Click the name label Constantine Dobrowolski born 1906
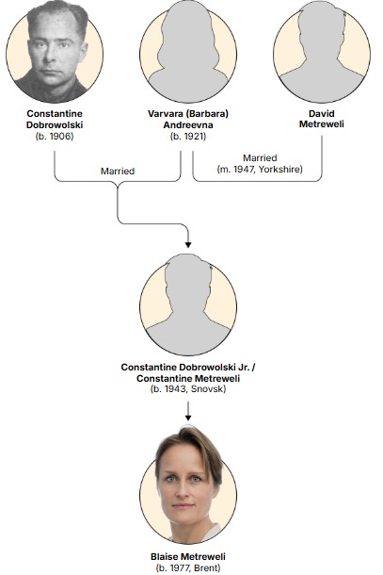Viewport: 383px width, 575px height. click(55, 119)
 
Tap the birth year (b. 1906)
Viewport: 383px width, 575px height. click(55, 137)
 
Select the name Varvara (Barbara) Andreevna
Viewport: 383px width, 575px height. click(188, 119)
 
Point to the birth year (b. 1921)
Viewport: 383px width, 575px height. click(188, 137)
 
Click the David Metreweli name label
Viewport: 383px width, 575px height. click(322, 119)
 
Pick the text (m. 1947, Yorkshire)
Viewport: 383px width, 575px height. click(260, 170)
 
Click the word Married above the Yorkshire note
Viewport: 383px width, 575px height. click(260, 158)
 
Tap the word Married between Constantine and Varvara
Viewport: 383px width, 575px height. click(118, 172)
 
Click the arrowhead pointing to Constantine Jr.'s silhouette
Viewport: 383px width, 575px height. click(188, 244)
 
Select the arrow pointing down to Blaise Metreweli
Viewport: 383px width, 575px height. click(188, 411)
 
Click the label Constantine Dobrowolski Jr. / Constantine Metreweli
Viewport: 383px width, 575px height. click(188, 372)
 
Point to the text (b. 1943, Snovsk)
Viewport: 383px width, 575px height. click(188, 389)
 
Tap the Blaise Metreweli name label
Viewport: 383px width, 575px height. click(188, 557)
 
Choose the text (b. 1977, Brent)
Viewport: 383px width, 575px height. click(188, 568)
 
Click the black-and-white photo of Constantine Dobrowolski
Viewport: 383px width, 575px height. click(55, 52)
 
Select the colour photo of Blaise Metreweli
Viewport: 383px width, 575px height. click(188, 485)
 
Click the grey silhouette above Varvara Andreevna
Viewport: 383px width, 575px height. click(188, 52)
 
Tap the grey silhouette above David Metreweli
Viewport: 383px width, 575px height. click(322, 52)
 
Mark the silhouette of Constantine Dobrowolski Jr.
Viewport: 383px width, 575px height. click(188, 304)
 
